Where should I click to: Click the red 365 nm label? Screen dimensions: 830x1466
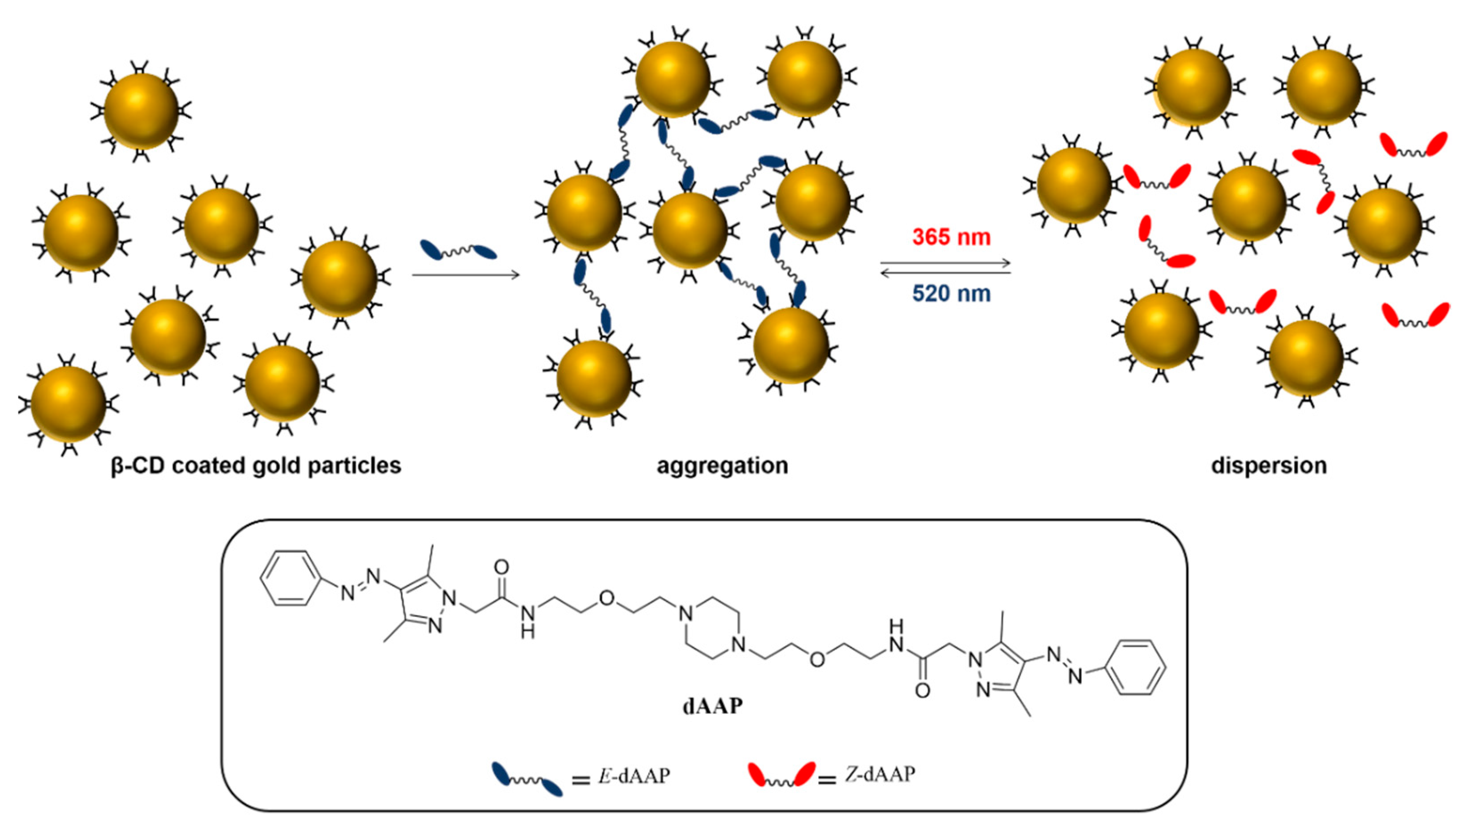click(x=951, y=237)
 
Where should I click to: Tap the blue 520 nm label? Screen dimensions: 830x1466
click(x=951, y=294)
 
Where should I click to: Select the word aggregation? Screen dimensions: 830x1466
click(x=723, y=466)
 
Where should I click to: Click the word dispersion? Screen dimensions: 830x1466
click(x=1269, y=466)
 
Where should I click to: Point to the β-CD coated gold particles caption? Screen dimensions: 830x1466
click(x=256, y=466)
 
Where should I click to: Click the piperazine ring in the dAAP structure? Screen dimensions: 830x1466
click(x=713, y=629)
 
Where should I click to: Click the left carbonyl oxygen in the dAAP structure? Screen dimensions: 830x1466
click(x=501, y=567)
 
